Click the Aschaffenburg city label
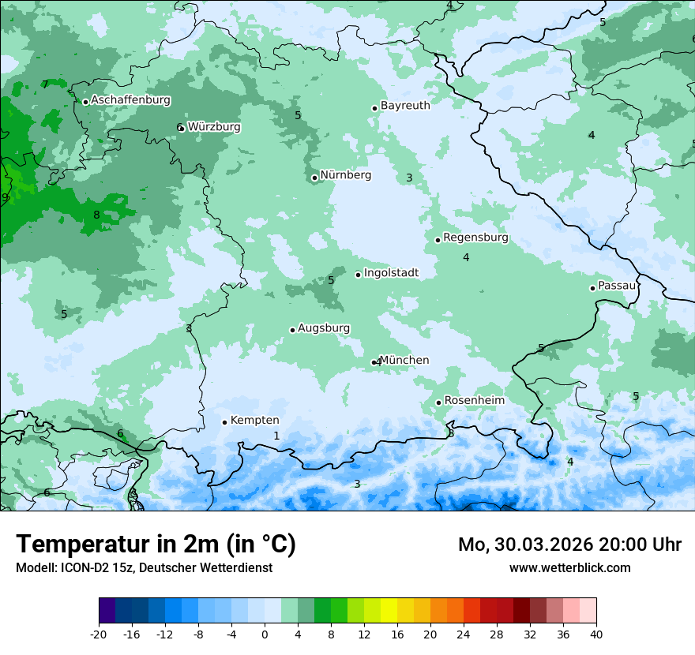tap(130, 100)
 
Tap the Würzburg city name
tap(214, 127)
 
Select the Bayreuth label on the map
tap(405, 106)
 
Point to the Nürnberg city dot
tap(314, 178)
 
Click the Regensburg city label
tap(475, 238)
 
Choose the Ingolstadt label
tap(391, 273)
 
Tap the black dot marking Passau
tap(592, 288)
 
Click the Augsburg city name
tap(324, 328)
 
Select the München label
tap(404, 361)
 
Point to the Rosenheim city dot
tap(438, 402)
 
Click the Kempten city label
tap(254, 421)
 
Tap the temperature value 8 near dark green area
tap(96, 215)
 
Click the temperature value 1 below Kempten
tap(276, 436)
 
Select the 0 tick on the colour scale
tap(265, 634)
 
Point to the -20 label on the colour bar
tap(99, 634)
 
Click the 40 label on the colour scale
tap(595, 634)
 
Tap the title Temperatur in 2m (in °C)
tap(156, 544)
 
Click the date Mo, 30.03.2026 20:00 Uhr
tap(569, 545)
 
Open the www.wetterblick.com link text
tap(569, 567)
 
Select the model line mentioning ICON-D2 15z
tap(144, 567)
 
